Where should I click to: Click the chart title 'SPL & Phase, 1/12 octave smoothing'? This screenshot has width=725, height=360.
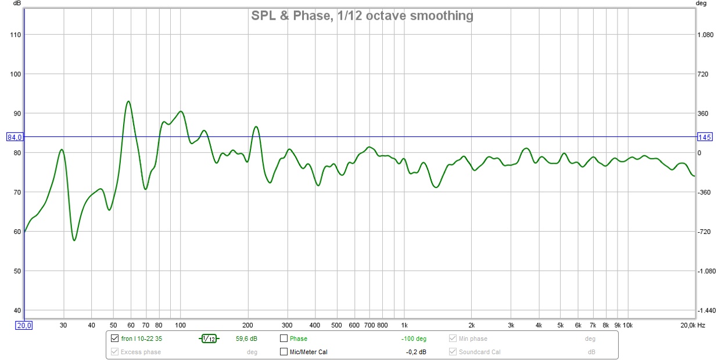[x=362, y=16]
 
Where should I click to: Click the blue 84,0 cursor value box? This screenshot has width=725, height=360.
[x=15, y=138]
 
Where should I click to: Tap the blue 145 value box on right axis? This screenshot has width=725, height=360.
[x=705, y=138]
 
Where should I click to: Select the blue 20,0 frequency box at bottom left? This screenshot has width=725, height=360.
[x=24, y=326]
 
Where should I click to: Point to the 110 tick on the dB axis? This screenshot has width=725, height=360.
[x=15, y=35]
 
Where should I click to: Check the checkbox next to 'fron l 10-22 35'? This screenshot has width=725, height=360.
[x=114, y=339]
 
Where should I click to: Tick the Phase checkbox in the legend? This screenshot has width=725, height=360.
[x=283, y=339]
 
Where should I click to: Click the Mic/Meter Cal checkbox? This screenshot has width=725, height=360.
[x=283, y=352]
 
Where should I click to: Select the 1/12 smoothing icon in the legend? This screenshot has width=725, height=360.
[x=209, y=339]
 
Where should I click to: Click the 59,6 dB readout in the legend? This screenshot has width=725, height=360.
[x=247, y=339]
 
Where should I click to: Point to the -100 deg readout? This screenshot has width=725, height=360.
[x=414, y=339]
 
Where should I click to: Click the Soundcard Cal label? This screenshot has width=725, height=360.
[x=479, y=352]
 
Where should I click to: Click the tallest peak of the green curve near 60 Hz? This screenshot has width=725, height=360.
[x=128, y=101]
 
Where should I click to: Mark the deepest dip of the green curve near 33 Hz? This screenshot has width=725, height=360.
[x=74, y=240]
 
